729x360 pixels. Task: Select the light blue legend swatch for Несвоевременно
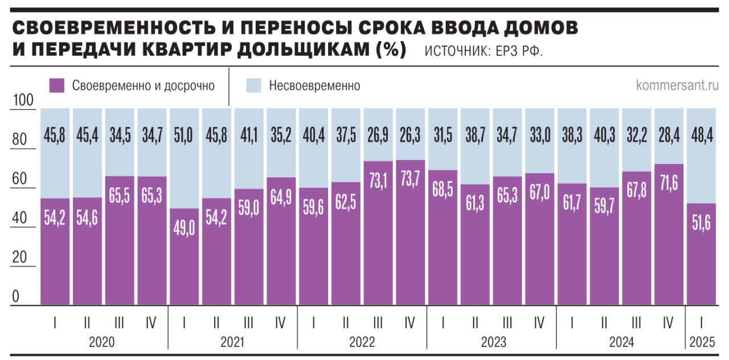tap(254, 86)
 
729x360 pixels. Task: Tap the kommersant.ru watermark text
tap(677, 85)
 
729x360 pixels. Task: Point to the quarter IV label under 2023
tap(539, 323)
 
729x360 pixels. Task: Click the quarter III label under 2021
tap(248, 323)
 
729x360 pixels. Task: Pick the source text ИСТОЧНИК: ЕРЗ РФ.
tap(484, 52)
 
